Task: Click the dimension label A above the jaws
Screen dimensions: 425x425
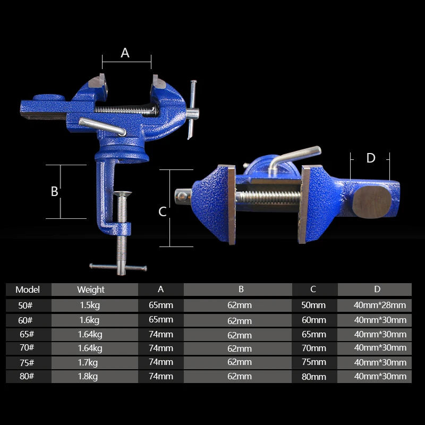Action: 125,53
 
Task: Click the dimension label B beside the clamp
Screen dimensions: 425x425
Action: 54,192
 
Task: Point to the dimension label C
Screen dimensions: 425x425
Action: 163,211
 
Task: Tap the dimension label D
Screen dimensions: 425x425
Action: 371,158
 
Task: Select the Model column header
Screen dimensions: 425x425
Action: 28,290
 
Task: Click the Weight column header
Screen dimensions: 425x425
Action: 91,290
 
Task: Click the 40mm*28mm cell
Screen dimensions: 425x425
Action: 380,305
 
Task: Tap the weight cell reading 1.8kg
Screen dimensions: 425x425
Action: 89,376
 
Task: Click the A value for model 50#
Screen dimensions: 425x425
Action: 161,305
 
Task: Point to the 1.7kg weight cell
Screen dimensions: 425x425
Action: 89,362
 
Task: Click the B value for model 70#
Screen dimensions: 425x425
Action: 240,348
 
